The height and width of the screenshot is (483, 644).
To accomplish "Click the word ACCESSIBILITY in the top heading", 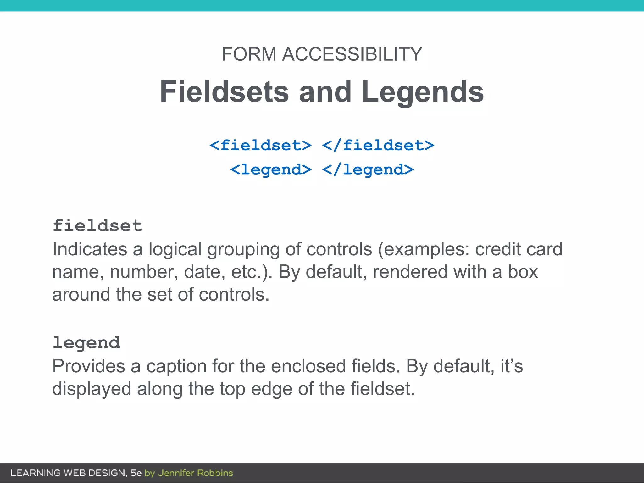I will coord(352,54).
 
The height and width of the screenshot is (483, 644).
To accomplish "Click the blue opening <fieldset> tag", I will coord(261,146).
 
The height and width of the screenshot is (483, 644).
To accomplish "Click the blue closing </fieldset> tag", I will coord(378,146).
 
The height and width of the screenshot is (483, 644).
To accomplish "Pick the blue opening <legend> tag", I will coord(271,170).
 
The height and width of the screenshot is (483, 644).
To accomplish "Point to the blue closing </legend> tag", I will coord(368,170).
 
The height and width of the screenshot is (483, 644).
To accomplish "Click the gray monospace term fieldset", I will coord(97,226).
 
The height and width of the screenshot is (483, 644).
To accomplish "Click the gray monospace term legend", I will coord(86,343).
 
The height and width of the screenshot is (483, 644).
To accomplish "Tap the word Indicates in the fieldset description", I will coord(90,249).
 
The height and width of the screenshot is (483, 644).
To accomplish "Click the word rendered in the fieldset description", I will coord(410,272).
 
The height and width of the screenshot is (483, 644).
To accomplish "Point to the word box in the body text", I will coord(523,272).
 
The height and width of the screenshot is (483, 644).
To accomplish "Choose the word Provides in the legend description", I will coord(88,366).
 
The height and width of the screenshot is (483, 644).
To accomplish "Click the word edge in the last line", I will coord(271,389).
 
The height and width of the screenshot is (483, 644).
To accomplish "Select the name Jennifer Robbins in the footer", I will coord(195,473).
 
